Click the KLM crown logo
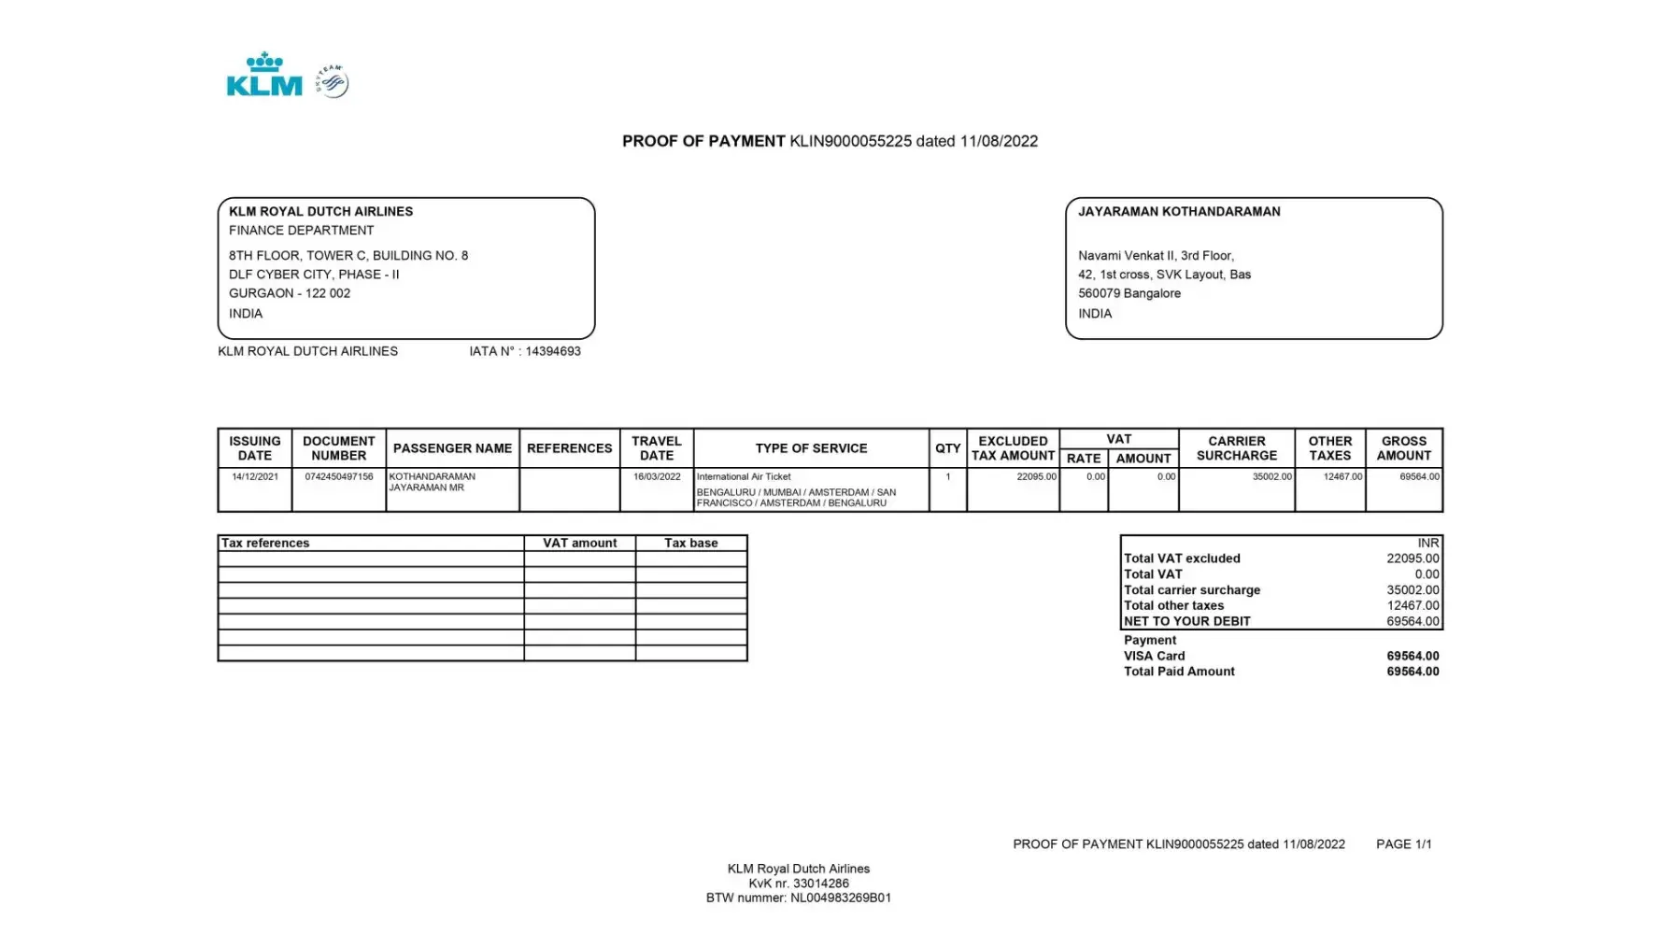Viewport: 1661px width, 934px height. pos(264,75)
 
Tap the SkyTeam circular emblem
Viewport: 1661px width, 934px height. pos(333,82)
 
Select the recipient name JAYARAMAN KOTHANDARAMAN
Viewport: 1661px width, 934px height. pos(1179,212)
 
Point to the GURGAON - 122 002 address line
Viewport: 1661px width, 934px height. pos(290,293)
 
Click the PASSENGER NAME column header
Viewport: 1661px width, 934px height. pos(452,448)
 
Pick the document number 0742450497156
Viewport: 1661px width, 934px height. pos(338,477)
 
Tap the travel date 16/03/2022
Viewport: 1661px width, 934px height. pos(657,477)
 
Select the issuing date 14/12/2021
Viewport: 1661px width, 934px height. pos(254,477)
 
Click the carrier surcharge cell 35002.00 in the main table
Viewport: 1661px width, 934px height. pos(1271,477)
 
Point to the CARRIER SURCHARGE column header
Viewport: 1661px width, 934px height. pos(1236,448)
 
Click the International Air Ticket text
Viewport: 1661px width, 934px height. pos(744,477)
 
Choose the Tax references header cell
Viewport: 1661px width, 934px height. pos(265,544)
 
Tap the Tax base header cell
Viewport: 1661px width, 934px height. pos(690,544)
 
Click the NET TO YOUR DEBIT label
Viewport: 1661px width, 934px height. pos(1186,621)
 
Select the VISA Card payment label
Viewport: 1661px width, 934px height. pos(1154,656)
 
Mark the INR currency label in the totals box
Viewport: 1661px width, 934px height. pos(1427,544)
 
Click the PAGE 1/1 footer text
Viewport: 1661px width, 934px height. pos(1403,844)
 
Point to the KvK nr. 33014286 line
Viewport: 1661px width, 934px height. pos(798,884)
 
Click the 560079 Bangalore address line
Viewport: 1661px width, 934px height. pos(1129,293)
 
